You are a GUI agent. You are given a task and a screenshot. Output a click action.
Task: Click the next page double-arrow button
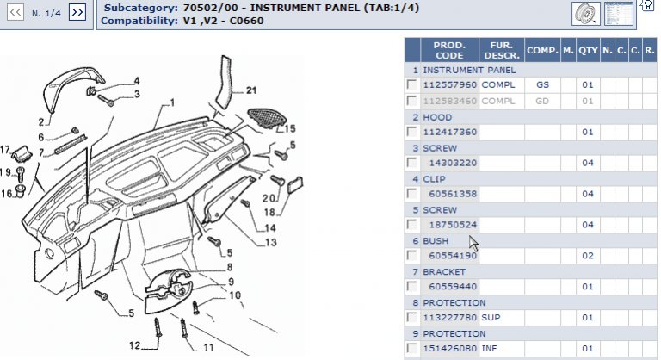[x=77, y=12]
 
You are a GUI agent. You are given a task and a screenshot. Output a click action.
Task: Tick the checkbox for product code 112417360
[x=412, y=132]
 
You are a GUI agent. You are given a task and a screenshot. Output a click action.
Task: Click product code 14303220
[x=453, y=163]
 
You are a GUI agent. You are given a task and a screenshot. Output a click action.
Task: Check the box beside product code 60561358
[x=412, y=194]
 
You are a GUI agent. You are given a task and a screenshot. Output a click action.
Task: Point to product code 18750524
[x=453, y=225]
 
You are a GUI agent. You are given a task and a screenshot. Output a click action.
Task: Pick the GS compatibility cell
[x=542, y=85]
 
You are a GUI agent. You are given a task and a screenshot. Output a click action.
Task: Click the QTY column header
[x=588, y=50]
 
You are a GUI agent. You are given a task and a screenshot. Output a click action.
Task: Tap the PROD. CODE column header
[x=449, y=50]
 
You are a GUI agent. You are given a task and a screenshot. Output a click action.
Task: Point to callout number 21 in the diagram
[x=250, y=90]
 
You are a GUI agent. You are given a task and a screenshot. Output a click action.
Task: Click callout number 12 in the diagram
[x=134, y=345]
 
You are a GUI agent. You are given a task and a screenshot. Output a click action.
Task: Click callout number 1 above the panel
[x=171, y=102]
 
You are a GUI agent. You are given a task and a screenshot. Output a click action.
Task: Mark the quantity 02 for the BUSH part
[x=588, y=256]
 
